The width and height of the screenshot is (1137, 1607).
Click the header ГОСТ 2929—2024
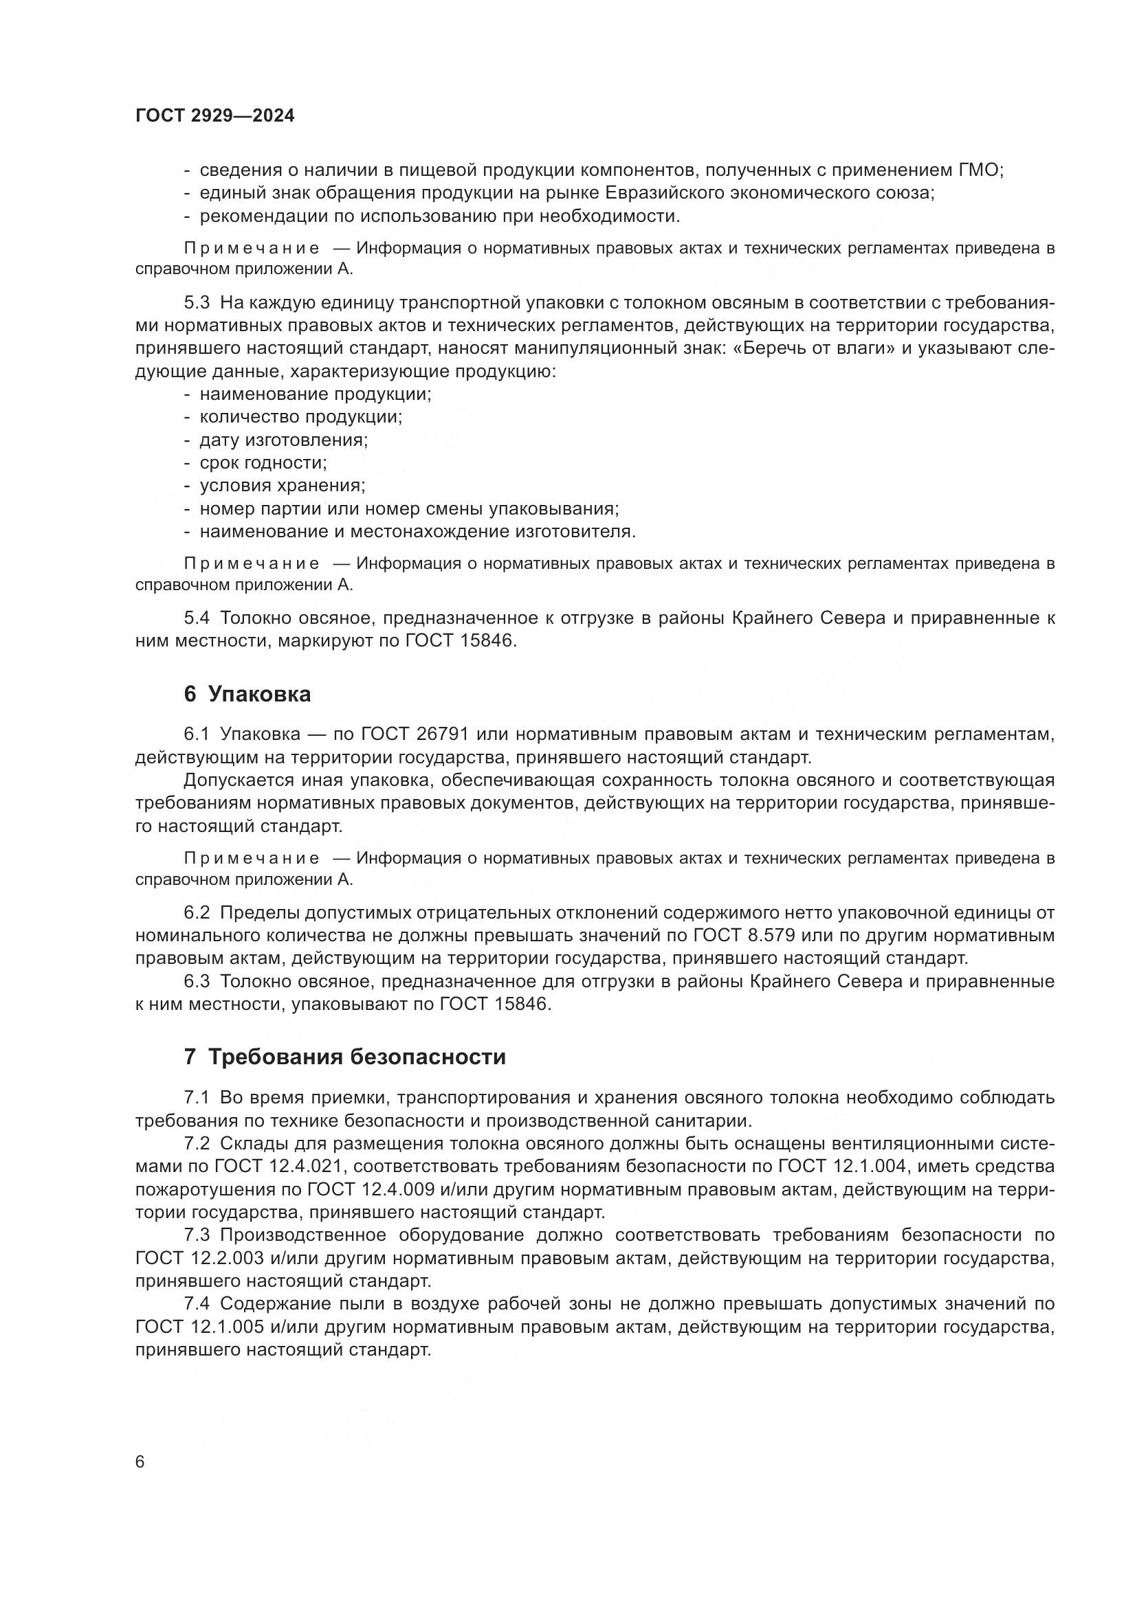click(x=215, y=116)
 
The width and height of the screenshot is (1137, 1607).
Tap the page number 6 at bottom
click(x=140, y=1461)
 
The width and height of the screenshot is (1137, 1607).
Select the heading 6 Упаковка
click(x=247, y=695)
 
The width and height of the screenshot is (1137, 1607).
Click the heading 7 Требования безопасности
click(x=344, y=1057)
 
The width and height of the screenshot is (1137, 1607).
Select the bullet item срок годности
click(x=263, y=462)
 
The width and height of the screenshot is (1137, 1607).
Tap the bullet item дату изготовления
click(x=283, y=440)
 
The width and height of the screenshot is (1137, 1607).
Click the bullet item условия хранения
click(x=282, y=486)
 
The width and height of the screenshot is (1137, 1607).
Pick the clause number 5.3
click(x=197, y=303)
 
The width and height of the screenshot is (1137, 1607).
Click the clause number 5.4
click(x=197, y=618)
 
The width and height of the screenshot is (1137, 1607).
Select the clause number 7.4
click(x=197, y=1304)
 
